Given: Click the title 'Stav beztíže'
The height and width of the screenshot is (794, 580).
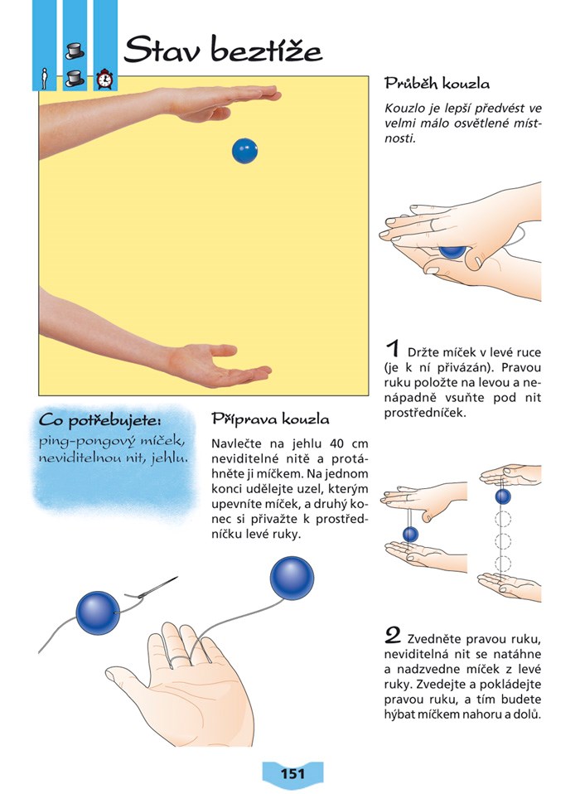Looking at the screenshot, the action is click(223, 50).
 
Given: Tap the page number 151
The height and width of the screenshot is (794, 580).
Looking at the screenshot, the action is click(292, 774).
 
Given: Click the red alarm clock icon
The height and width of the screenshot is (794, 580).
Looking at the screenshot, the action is click(104, 79).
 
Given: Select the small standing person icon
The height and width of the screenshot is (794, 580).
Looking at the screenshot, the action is click(45, 79).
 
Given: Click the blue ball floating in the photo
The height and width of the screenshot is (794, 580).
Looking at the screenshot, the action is click(245, 151).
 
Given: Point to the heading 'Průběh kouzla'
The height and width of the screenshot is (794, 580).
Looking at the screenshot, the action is click(437, 84).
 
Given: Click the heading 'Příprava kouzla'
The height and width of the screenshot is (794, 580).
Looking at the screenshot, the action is click(270, 419).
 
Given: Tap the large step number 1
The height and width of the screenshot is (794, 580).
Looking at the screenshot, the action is click(392, 349).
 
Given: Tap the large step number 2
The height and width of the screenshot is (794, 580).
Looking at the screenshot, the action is click(393, 636).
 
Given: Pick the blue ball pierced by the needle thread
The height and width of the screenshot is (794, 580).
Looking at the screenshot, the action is click(98, 612).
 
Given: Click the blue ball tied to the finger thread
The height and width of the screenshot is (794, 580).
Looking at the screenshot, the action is click(292, 579).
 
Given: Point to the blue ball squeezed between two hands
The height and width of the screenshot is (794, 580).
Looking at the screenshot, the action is click(452, 252).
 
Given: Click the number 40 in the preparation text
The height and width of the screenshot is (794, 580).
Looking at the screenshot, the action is click(336, 444).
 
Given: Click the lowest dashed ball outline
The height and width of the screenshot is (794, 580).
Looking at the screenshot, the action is click(502, 563).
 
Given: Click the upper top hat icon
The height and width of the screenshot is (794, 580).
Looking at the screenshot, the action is click(75, 51).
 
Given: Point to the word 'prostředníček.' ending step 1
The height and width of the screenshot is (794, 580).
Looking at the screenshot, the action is click(424, 414).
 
